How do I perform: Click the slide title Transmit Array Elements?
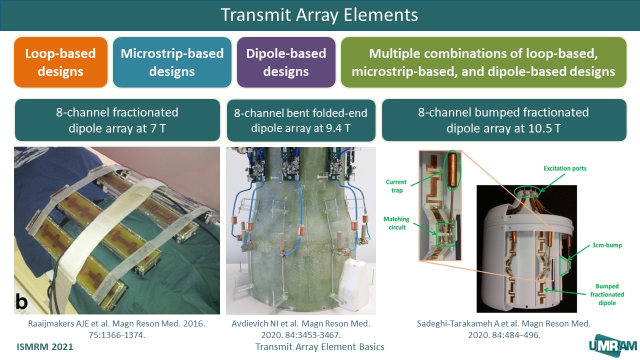[x=319, y=15]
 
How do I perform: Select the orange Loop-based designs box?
[x=60, y=62]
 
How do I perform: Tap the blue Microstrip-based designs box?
[x=172, y=62]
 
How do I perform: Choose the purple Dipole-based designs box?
[x=286, y=62]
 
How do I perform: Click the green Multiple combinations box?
[x=483, y=62]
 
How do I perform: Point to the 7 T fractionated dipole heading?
[x=117, y=120]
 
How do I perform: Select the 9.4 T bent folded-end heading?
[x=301, y=120]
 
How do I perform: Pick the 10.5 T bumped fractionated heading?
[x=503, y=120]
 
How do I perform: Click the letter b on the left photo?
[x=21, y=301]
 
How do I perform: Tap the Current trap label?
[x=396, y=186]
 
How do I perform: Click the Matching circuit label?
[x=396, y=223]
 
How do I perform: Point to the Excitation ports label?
[x=565, y=168]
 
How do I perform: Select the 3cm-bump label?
[x=607, y=245]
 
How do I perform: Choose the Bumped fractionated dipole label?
[x=607, y=294]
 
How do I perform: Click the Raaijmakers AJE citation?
[x=116, y=329]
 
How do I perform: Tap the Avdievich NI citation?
[x=301, y=329]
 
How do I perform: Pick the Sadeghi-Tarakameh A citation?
[x=503, y=329]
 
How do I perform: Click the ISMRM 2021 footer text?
[x=45, y=347]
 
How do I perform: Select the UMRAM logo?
[x=613, y=345]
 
